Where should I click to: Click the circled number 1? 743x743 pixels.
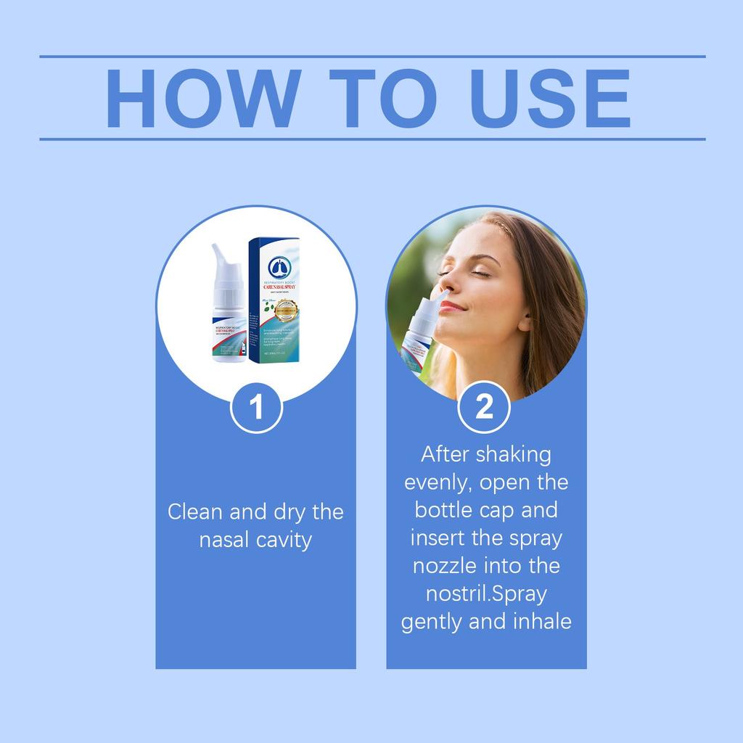(x=256, y=408)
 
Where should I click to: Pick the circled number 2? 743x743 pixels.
(x=484, y=407)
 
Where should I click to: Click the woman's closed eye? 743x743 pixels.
(x=480, y=272)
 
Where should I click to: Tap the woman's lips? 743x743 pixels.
(x=451, y=307)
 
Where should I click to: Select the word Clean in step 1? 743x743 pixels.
(x=195, y=512)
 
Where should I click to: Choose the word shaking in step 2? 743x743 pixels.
(x=513, y=455)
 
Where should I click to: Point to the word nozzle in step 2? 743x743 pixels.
(x=446, y=566)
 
